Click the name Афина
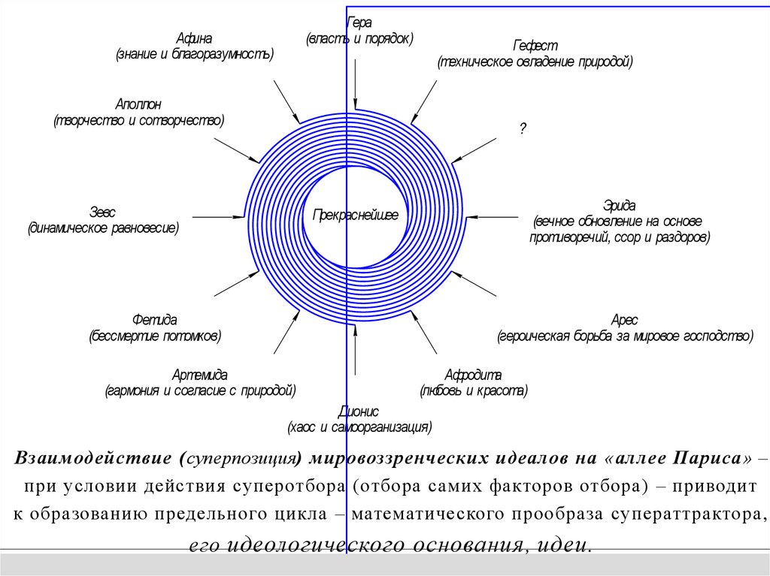194,39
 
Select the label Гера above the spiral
359,23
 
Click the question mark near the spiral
521,128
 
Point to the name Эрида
620,205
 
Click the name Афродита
473,375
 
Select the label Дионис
359,412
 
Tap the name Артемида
199,374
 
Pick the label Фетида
154,319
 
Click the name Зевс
102,212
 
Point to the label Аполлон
138,104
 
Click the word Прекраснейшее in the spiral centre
355,216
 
